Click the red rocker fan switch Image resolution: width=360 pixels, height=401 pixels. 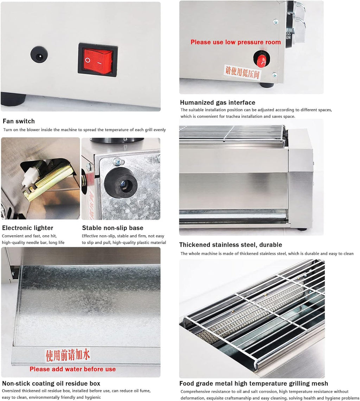[x=98, y=60]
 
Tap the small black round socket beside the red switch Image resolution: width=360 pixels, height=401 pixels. [x=39, y=54]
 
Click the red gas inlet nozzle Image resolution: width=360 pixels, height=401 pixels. [x=262, y=59]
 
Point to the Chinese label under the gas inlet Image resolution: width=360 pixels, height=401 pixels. [x=242, y=72]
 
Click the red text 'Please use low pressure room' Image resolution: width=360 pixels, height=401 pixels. [x=236, y=42]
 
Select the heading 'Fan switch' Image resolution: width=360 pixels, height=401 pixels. [x=19, y=121]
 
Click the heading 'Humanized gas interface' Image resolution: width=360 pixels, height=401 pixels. [x=218, y=103]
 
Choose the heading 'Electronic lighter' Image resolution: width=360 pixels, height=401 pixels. [x=28, y=228]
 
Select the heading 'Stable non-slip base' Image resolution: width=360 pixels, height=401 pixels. [x=112, y=228]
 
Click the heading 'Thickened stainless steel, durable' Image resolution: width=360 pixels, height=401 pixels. [x=230, y=245]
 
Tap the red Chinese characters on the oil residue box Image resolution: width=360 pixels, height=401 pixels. [x=68, y=355]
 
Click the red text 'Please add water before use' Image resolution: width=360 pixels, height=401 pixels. [x=73, y=369]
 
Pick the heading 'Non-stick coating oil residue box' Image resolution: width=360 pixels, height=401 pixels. [x=51, y=383]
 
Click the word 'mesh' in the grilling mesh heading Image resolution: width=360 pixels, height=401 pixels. [x=319, y=383]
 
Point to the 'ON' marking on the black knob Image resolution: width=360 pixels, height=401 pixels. [x=288, y=38]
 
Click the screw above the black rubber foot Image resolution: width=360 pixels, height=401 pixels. [x=118, y=162]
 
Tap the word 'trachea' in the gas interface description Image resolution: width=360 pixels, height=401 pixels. [x=233, y=116]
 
